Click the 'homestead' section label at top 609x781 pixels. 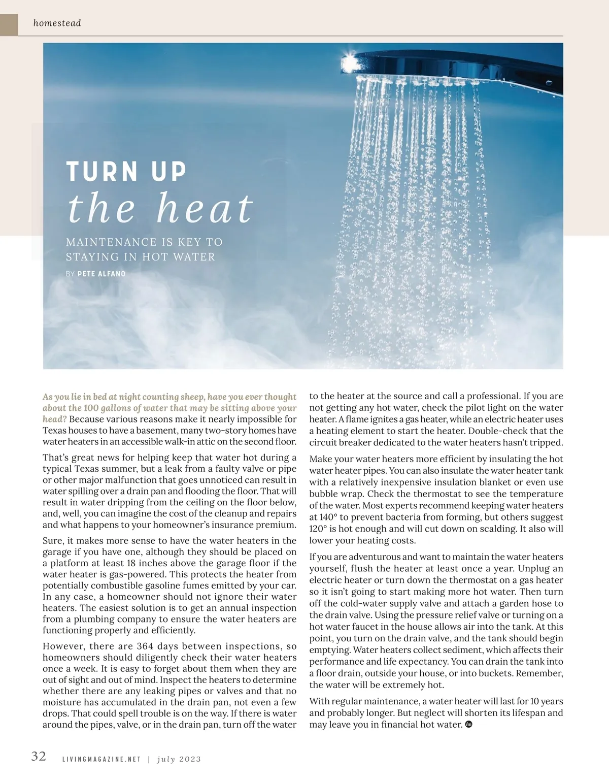(x=57, y=23)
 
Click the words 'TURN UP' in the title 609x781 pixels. (x=126, y=172)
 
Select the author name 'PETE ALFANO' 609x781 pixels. (x=101, y=274)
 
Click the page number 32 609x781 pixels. (x=39, y=756)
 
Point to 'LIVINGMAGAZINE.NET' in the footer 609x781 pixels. (x=101, y=759)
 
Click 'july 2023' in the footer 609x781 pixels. (x=179, y=759)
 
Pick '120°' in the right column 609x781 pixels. (x=320, y=529)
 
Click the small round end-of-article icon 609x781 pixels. (x=468, y=724)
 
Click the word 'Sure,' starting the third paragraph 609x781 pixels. (x=53, y=540)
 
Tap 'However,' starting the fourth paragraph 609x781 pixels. (x=63, y=646)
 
